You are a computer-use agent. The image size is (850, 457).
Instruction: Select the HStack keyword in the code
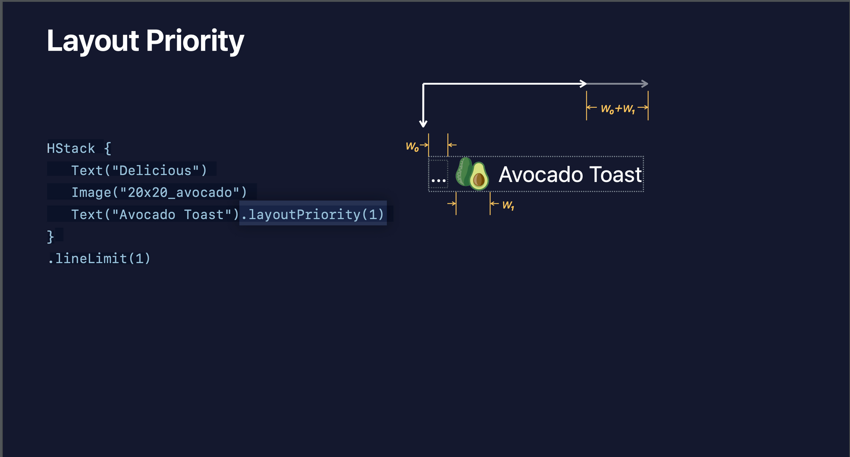[71, 148]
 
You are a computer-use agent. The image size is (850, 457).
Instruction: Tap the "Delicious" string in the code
[156, 170]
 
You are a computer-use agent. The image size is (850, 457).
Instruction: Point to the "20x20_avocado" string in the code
[180, 192]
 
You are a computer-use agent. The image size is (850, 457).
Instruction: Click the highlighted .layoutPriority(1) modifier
[313, 214]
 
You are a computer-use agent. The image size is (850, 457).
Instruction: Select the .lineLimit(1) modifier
[99, 258]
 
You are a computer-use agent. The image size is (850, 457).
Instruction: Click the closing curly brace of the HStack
[51, 237]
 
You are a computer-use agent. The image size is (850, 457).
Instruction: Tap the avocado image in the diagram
[472, 174]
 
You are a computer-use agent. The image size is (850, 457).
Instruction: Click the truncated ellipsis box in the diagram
[438, 174]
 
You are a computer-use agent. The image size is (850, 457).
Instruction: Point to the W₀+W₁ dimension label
[618, 109]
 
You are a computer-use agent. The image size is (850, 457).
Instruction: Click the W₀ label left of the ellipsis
[412, 147]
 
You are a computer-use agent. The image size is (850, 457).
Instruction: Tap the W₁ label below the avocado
[508, 206]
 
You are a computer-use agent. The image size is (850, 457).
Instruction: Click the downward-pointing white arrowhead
[423, 123]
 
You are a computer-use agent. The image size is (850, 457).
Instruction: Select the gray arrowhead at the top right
[645, 84]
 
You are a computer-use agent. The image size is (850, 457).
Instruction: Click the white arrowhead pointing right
[584, 84]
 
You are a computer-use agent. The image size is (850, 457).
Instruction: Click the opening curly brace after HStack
[108, 148]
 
